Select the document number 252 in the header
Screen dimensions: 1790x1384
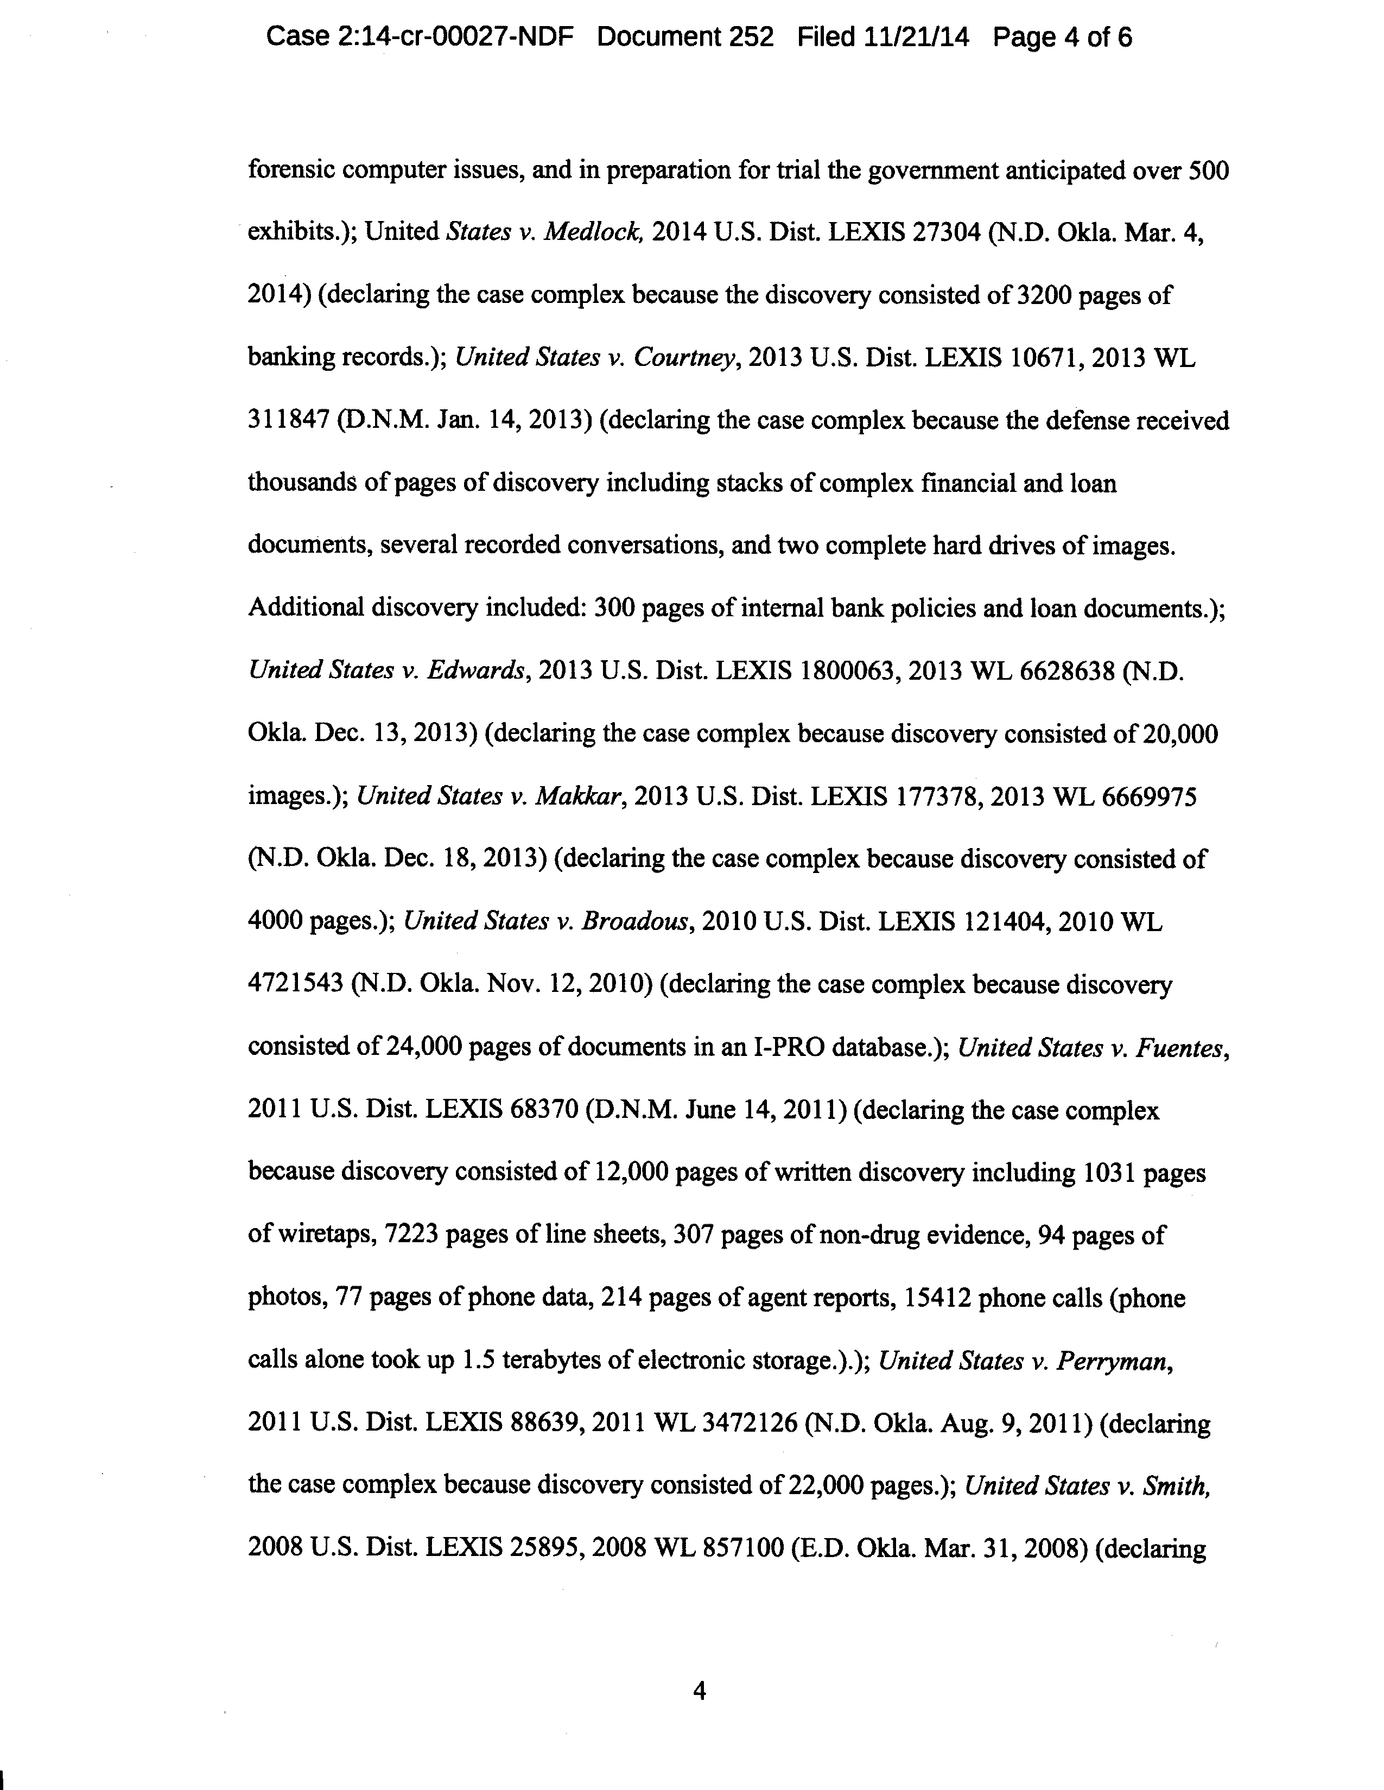[747, 37]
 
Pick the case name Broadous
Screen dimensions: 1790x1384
[635, 921]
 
